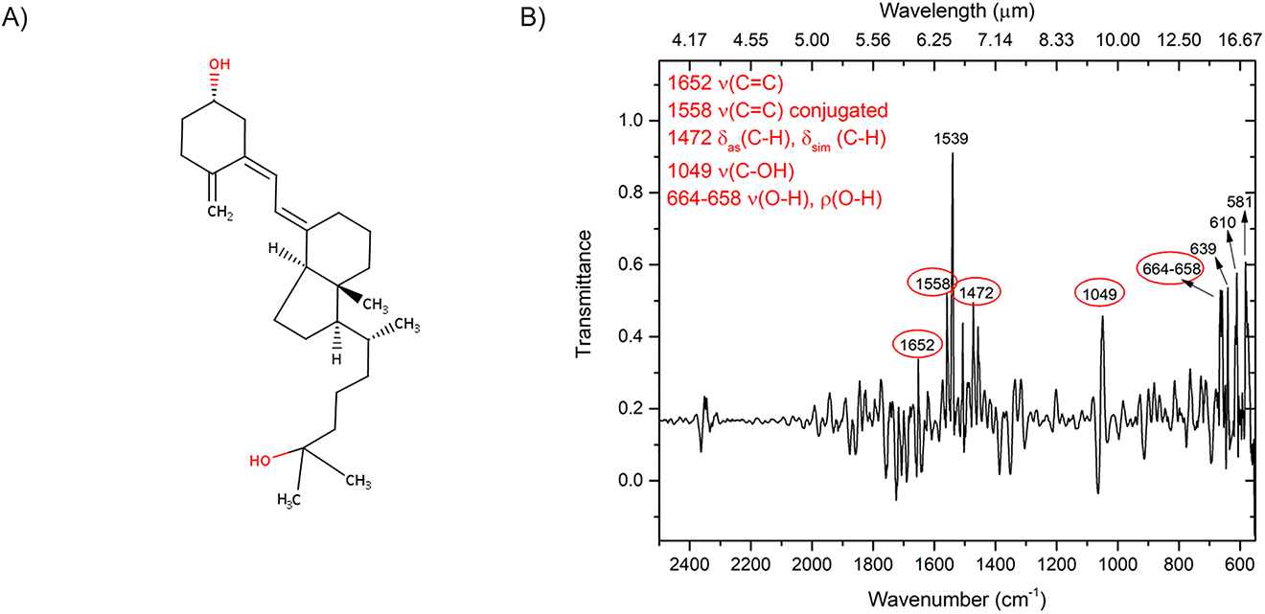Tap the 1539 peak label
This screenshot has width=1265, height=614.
(953, 139)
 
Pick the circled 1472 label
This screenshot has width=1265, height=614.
(977, 290)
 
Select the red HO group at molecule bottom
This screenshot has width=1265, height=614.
(260, 460)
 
